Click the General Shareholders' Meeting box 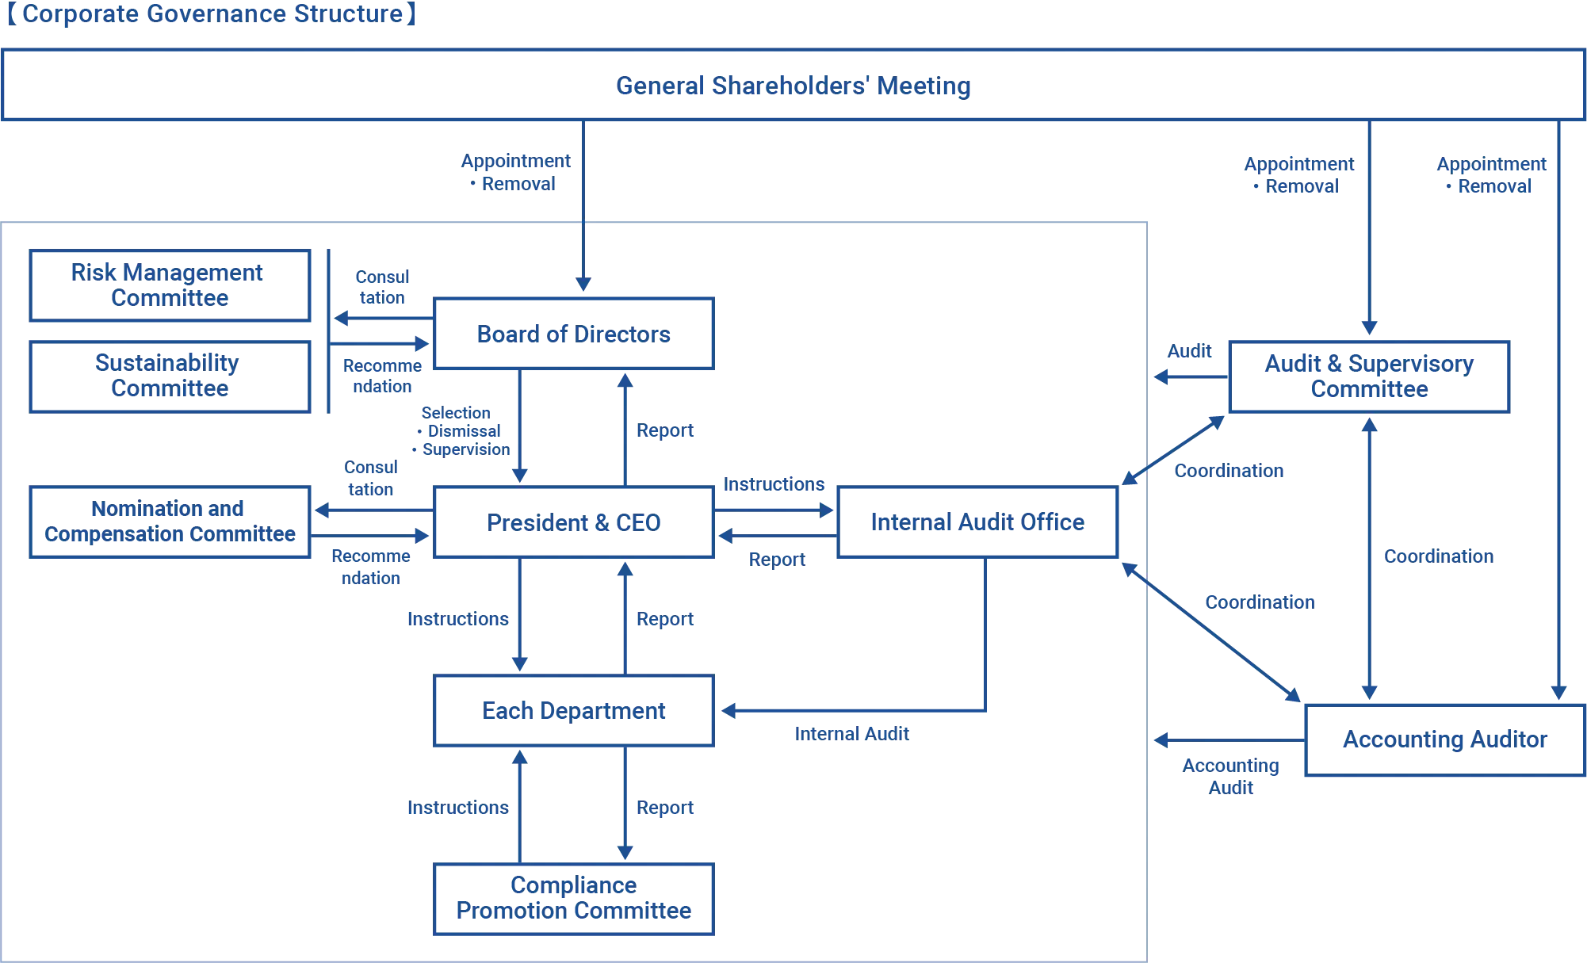[793, 86]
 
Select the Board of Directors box [573, 334]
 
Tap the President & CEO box [573, 523]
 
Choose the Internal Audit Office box [976, 522]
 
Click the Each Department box [573, 711]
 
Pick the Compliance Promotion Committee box [573, 899]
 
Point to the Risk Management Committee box [170, 285]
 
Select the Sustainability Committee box [170, 376]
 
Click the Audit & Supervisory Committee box [1369, 376]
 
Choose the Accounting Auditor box [1444, 739]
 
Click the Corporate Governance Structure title [212, 14]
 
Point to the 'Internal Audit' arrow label [852, 733]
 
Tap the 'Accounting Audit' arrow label [1230, 778]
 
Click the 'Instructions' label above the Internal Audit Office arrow [773, 485]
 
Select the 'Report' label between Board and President [665, 430]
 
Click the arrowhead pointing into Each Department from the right [728, 711]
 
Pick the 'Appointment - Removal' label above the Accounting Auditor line [1490, 175]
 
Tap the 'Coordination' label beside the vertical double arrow [1438, 556]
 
